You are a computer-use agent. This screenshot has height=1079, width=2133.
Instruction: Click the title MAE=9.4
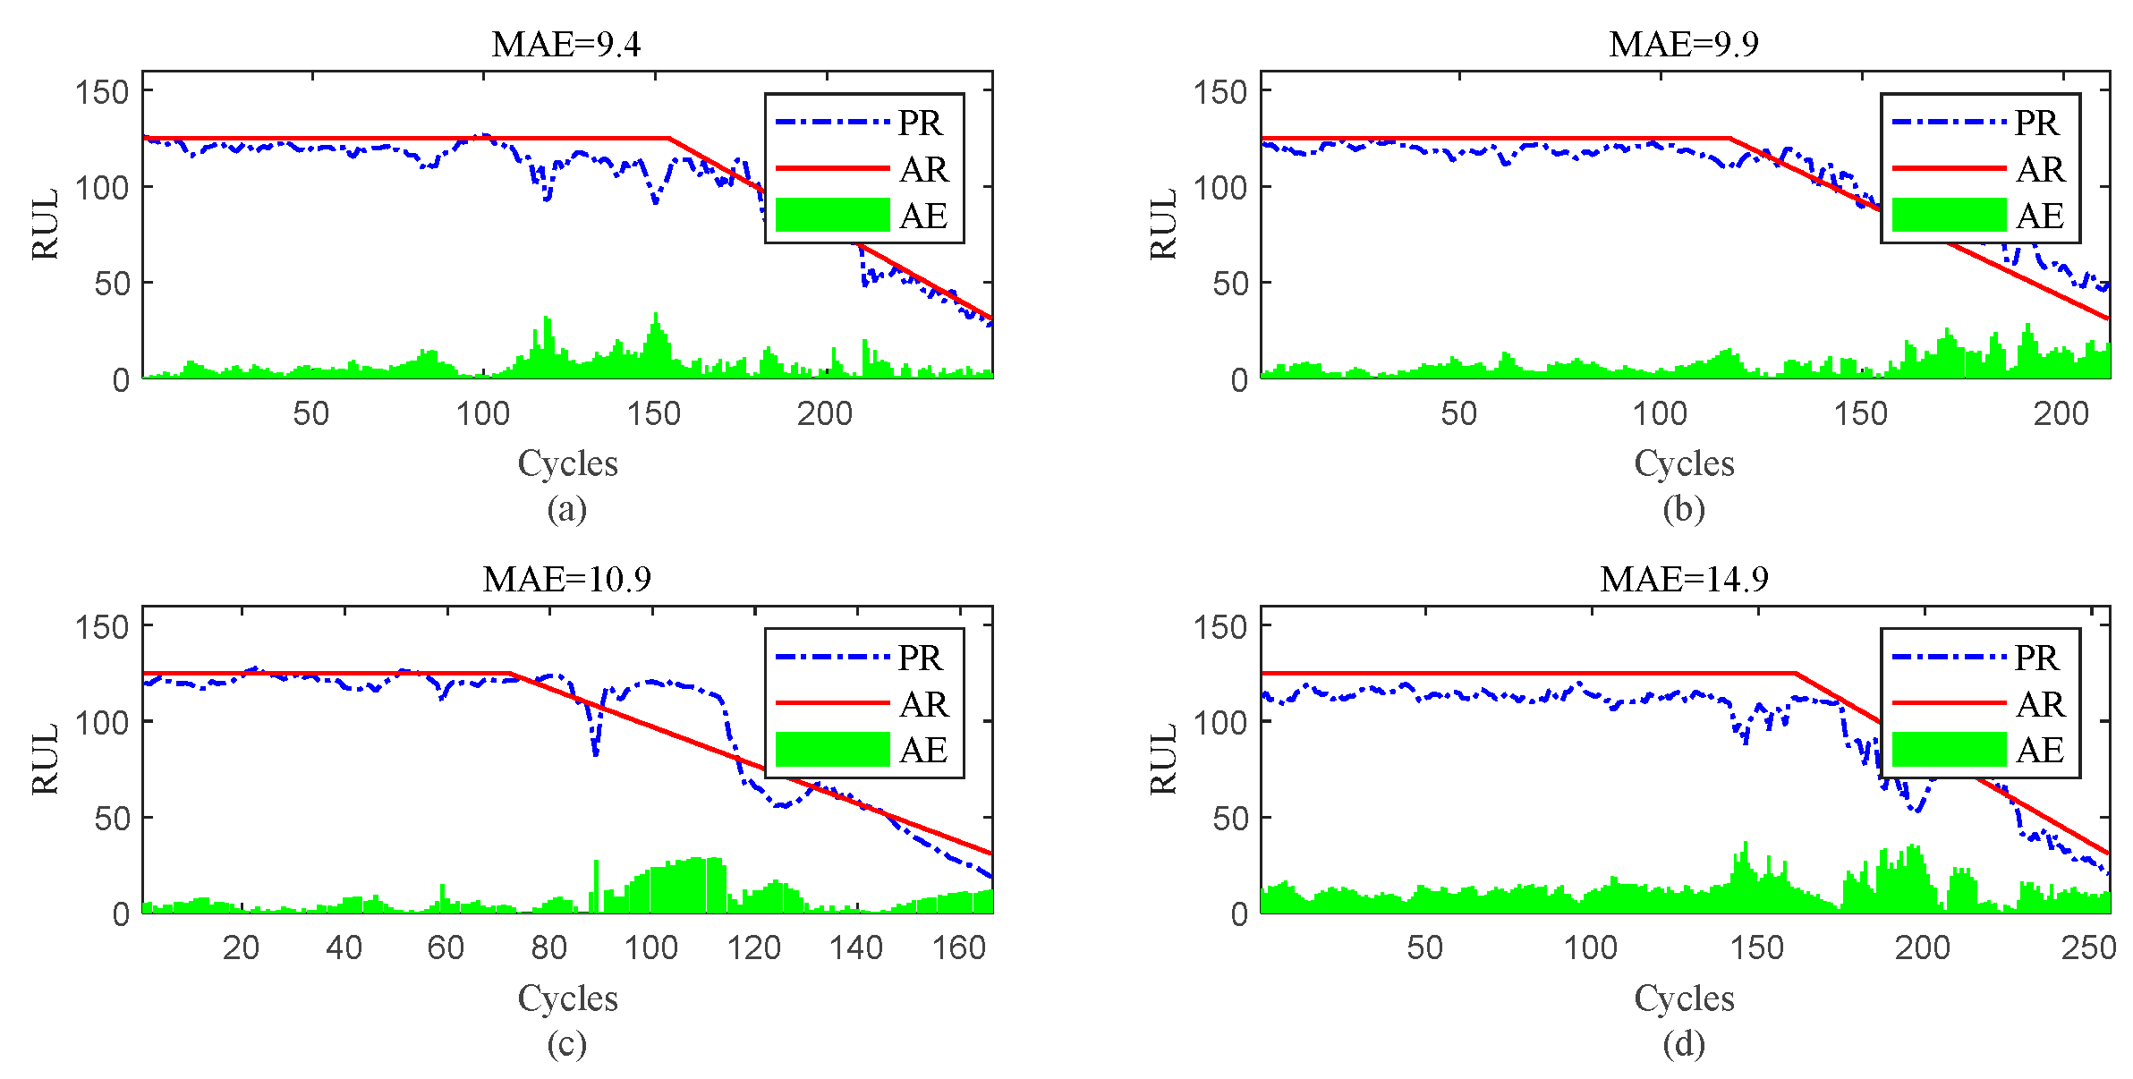(x=565, y=44)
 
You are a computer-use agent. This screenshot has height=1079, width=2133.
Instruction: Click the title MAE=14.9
(x=1683, y=580)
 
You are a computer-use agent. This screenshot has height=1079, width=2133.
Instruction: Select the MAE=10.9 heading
(x=565, y=580)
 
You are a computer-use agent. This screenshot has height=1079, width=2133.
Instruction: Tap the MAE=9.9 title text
(x=1683, y=44)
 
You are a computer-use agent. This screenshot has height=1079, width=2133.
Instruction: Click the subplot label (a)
(x=566, y=509)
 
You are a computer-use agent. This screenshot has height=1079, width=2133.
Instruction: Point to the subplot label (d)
(x=1683, y=1044)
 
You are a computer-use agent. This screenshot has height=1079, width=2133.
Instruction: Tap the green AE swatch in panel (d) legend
(x=1949, y=750)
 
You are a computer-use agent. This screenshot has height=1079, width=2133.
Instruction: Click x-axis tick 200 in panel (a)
(x=824, y=413)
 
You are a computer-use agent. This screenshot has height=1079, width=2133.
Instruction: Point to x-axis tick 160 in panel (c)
(x=958, y=948)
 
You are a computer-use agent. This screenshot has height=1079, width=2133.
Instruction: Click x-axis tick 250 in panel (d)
(x=2088, y=948)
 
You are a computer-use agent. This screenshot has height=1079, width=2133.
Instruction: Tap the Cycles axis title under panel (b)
(x=1683, y=463)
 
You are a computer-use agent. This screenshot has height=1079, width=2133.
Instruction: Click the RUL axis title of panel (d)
(x=1162, y=760)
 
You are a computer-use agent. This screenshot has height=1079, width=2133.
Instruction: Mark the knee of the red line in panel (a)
(x=669, y=139)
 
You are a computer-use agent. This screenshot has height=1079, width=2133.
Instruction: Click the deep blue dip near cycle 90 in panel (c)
(x=596, y=753)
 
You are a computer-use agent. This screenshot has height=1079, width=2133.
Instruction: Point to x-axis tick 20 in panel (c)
(x=241, y=948)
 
